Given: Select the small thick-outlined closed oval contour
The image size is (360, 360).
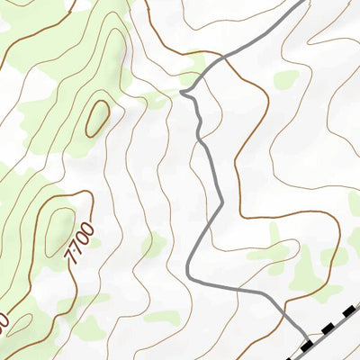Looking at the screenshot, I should point(96,119).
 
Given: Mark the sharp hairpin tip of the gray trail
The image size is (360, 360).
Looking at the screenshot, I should point(183,92).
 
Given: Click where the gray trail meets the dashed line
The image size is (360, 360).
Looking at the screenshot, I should point(304,342).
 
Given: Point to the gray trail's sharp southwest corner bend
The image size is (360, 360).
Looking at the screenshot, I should point(187,274).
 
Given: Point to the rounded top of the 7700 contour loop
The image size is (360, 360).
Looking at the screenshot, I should point(85,192).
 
